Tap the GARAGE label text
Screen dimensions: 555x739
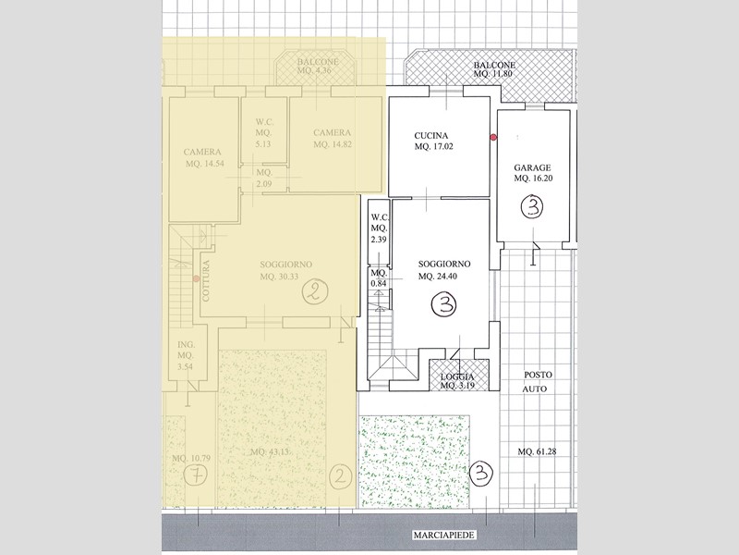pyautogui.click(x=532, y=167)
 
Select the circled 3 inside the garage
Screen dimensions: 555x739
pyautogui.click(x=532, y=207)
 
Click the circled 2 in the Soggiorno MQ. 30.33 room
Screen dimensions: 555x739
pyautogui.click(x=314, y=293)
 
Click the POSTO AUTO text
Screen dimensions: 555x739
pyautogui.click(x=538, y=383)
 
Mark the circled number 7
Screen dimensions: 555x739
pyautogui.click(x=194, y=476)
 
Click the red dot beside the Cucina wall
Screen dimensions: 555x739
pyautogui.click(x=493, y=137)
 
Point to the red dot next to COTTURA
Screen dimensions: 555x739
pyautogui.click(x=196, y=277)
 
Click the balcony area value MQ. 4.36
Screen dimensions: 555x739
pyautogui.click(x=319, y=71)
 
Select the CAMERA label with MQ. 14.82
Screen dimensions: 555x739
pyautogui.click(x=331, y=132)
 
